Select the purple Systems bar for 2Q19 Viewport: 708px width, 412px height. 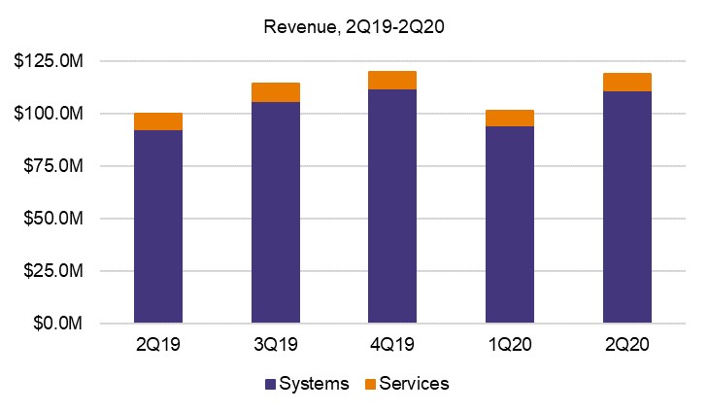[x=158, y=225]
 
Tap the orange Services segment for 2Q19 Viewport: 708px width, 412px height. [x=158, y=121]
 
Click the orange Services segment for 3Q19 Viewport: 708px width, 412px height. [x=275, y=92]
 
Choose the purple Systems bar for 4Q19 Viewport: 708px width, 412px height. [x=392, y=206]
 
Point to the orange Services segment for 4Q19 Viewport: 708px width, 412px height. [x=392, y=80]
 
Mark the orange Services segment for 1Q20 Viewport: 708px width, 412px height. [x=510, y=118]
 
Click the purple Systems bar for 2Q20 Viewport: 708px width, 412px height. [x=626, y=207]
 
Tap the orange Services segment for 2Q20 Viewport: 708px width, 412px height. [x=626, y=82]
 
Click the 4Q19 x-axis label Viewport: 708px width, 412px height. [x=392, y=346]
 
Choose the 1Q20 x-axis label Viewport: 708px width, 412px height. [x=510, y=346]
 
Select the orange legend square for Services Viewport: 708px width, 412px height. [x=370, y=384]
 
